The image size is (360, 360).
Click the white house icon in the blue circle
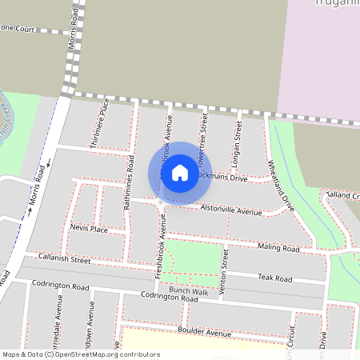180,173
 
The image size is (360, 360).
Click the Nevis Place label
89,229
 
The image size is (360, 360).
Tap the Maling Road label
280,250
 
